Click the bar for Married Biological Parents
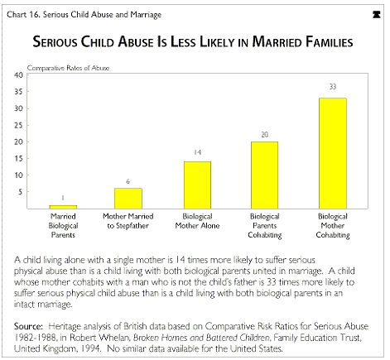(63, 207)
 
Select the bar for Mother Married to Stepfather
(128, 199)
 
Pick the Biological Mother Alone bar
(197, 185)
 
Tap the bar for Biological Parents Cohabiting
(265, 175)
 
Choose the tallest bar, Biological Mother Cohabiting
(333, 153)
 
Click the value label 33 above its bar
(333, 87)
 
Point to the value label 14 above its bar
(197, 152)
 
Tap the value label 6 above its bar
(128, 181)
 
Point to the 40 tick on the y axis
(18, 75)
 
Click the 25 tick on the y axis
(18, 125)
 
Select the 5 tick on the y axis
(21, 192)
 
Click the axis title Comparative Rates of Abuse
(68, 68)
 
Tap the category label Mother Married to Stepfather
(128, 221)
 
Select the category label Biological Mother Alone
(197, 221)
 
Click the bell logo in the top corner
(376, 15)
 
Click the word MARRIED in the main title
(277, 42)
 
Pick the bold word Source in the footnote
(28, 326)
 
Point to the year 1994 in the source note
(90, 348)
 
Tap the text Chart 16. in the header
(24, 14)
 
